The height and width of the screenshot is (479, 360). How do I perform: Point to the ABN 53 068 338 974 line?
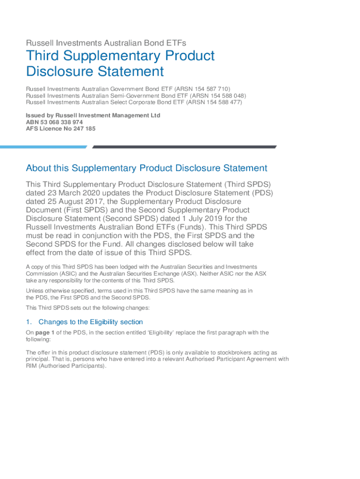54,122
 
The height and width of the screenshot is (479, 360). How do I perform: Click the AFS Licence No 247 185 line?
60,129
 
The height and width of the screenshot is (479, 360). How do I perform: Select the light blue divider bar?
43,147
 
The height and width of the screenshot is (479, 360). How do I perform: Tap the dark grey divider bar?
184,147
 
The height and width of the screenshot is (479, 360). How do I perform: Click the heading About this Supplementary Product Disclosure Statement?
146,168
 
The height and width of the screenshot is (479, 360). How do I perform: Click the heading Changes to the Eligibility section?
91,322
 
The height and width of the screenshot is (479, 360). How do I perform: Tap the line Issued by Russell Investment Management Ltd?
93,116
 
